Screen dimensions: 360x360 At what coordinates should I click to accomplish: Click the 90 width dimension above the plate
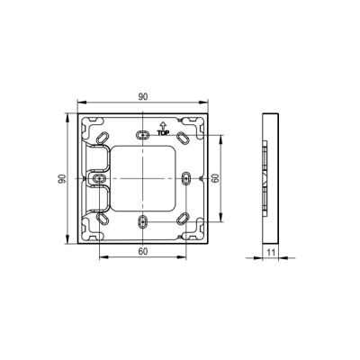pyautogui.click(x=143, y=97)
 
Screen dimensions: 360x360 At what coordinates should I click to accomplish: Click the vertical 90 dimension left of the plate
pyautogui.click(x=62, y=179)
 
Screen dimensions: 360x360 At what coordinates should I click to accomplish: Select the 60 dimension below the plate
pyautogui.click(x=143, y=252)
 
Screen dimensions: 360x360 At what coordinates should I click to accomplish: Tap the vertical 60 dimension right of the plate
pyautogui.click(x=215, y=179)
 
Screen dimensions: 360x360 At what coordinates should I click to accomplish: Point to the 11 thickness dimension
pyautogui.click(x=271, y=252)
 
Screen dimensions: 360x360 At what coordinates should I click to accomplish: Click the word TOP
pyautogui.click(x=163, y=132)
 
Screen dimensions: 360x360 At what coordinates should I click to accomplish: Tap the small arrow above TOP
pyautogui.click(x=163, y=126)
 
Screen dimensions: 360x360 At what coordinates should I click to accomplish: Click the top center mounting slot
pyautogui.click(x=143, y=135)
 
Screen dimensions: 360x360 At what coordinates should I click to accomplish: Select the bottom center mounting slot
pyautogui.click(x=143, y=222)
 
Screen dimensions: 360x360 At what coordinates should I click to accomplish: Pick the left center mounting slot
pyautogui.click(x=99, y=178)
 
